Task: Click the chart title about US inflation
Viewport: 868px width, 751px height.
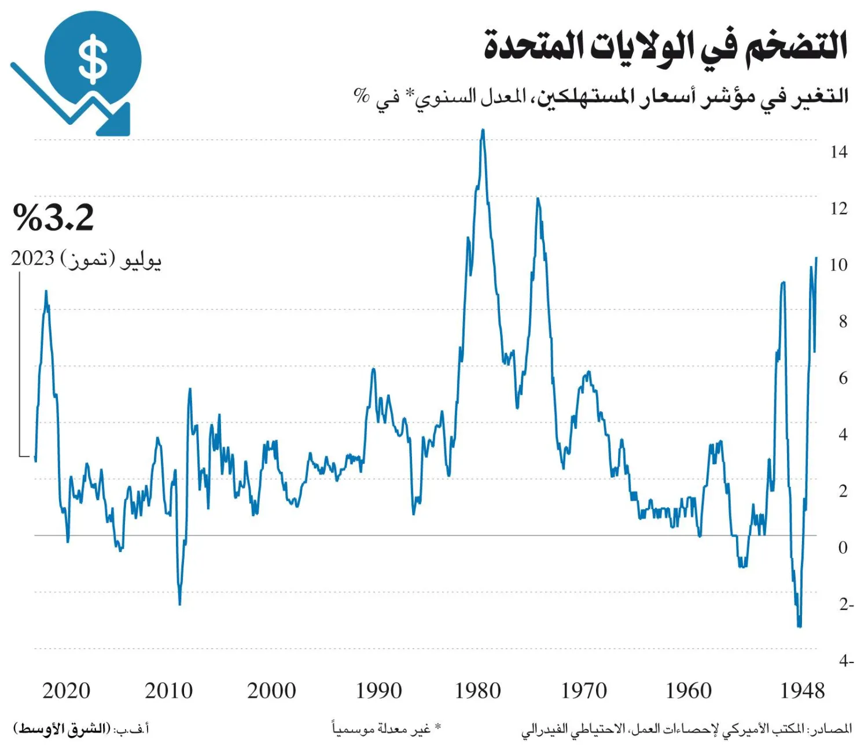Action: (x=665, y=46)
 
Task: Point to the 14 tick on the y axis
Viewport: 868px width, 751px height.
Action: (x=838, y=152)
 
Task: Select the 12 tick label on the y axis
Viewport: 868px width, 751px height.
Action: (x=838, y=208)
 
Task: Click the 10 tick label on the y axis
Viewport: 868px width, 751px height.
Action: (x=838, y=265)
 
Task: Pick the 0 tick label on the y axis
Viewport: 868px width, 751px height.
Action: (x=843, y=547)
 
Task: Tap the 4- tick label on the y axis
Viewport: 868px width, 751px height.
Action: (x=845, y=661)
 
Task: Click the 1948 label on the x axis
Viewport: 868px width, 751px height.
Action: (x=802, y=691)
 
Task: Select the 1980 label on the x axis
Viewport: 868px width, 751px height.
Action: (x=478, y=691)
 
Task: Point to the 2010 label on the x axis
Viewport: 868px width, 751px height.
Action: (x=168, y=691)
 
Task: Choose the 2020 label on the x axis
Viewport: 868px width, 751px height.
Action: (x=66, y=691)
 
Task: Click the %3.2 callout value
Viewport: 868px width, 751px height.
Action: (x=53, y=217)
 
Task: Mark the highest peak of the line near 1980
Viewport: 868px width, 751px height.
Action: (x=483, y=131)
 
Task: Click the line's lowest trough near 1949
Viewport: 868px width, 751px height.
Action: (x=799, y=626)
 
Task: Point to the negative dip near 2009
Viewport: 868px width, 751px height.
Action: (x=180, y=604)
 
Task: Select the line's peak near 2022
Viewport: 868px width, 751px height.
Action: (x=46, y=291)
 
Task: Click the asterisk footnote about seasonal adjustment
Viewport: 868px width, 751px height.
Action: (x=387, y=728)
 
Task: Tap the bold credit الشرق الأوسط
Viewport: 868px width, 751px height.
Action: (x=62, y=728)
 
